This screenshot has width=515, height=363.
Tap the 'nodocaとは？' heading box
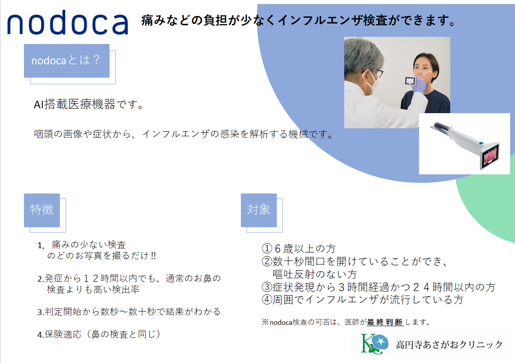[x=67, y=61]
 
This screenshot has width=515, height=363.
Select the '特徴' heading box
[x=42, y=210]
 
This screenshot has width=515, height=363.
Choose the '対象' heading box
[x=259, y=210]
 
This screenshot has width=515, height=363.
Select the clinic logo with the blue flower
[x=374, y=343]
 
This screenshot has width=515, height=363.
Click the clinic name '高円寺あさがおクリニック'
[x=449, y=345]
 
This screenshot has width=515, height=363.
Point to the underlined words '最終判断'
[x=385, y=322]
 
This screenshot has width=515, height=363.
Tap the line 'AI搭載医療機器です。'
[x=89, y=104]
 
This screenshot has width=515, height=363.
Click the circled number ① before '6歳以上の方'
[x=267, y=249]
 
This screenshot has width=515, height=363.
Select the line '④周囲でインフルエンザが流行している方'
[x=362, y=300]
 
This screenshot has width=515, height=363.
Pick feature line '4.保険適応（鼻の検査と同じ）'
[x=99, y=335]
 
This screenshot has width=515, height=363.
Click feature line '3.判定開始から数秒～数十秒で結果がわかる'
[x=129, y=312]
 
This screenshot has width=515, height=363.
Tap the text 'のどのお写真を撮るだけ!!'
[x=102, y=256]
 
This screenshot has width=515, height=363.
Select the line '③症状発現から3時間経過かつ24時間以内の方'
[x=378, y=287]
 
